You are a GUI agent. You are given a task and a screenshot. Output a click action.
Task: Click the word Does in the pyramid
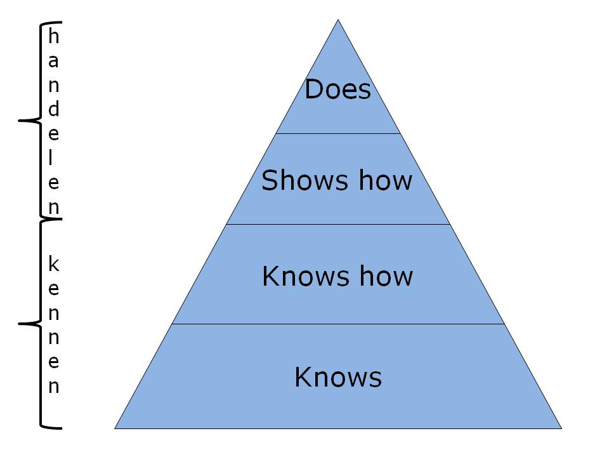(337, 89)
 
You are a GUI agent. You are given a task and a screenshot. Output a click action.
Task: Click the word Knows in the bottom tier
(338, 377)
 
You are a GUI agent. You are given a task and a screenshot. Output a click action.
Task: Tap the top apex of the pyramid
(338, 20)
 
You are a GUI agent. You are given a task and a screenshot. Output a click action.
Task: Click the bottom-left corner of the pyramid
(115, 428)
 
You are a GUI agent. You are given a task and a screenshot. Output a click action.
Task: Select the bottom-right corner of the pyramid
(561, 428)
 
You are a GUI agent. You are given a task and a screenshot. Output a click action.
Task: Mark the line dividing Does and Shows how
(338, 133)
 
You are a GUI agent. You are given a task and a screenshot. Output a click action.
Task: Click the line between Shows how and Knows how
(338, 224)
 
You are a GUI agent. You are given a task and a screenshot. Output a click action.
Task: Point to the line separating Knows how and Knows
(338, 324)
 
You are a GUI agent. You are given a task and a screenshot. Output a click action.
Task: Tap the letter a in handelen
(53, 62)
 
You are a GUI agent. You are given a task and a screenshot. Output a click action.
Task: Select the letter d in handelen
(53, 109)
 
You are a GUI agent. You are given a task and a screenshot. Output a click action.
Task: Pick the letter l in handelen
(51, 157)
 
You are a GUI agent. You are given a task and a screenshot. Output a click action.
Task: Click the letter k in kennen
(53, 263)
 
